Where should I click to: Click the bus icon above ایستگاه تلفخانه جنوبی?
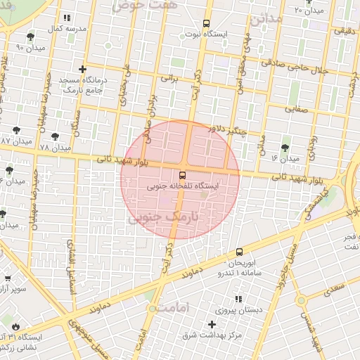point(183,174)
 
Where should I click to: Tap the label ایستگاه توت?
point(204,33)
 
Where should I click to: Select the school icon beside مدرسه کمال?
point(66,18)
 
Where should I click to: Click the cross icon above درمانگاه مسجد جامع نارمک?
point(83,69)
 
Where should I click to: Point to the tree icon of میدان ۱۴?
point(284,148)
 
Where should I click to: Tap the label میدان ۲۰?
point(308,11)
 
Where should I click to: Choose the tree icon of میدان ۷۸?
point(75,136)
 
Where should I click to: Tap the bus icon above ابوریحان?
point(239,251)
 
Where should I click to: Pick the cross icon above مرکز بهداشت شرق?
point(212,324)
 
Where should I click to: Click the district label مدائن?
point(265,19)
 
